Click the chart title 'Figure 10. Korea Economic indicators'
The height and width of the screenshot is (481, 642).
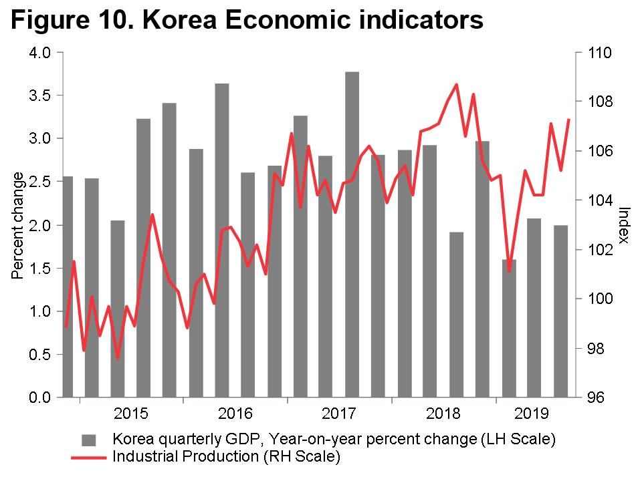[247, 20]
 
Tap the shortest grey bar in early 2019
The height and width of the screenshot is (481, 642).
[509, 327]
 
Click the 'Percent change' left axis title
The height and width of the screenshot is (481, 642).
[18, 225]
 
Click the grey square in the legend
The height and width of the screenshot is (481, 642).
[90, 440]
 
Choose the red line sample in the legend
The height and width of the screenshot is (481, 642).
[88, 458]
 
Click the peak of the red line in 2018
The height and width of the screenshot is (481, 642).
[456, 84]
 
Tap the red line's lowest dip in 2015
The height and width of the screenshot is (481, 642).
[118, 358]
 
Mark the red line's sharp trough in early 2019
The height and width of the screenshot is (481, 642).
[509, 271]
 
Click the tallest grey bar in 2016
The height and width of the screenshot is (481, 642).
[222, 240]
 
